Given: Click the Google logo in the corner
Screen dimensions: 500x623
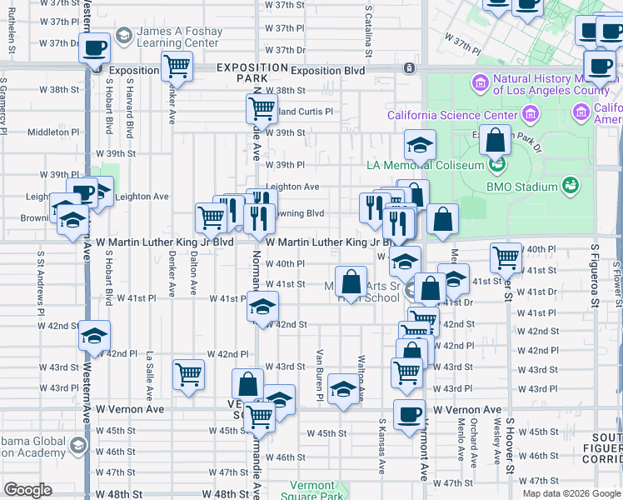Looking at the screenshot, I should (28, 490).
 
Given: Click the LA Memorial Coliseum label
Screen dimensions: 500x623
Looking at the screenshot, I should (425, 165).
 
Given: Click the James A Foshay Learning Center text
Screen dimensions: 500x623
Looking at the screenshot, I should (180, 37).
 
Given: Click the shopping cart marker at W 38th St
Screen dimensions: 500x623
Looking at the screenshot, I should (262, 107).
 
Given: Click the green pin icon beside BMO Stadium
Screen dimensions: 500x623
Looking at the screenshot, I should (571, 185).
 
